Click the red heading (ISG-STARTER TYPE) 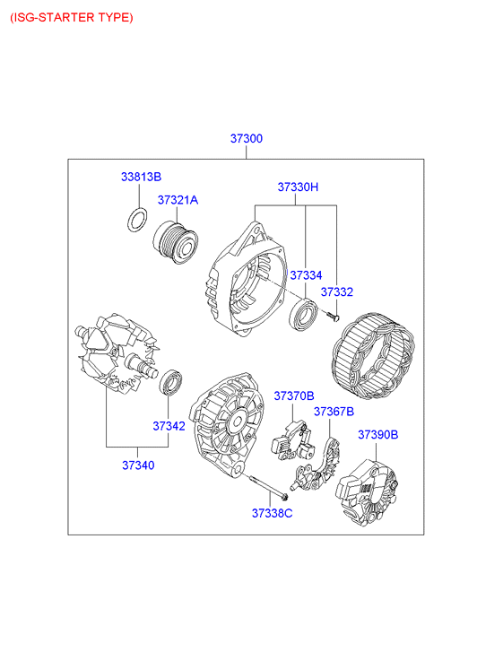72,18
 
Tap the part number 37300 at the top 247,138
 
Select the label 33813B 141,177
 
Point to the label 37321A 178,200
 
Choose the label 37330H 298,187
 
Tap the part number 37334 306,275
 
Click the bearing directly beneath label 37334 304,314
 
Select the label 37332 336,291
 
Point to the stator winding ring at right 373,356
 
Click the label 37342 169,426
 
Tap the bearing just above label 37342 170,382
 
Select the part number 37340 138,465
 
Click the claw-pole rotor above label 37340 117,354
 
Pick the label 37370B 293,396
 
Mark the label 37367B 334,412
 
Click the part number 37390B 378,435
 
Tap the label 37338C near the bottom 272,514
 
